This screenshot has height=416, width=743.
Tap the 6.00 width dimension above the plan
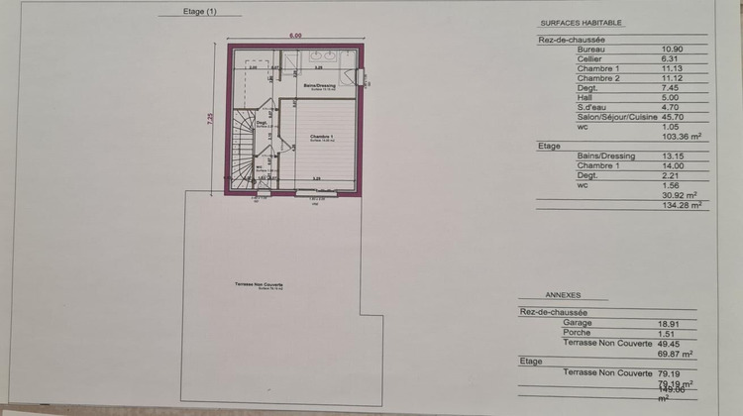pos(294,36)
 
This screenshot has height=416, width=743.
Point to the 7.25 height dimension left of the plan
pos(209,118)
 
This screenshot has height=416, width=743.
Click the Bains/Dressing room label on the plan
pos(319,86)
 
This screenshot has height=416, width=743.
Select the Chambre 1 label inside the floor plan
pos(319,136)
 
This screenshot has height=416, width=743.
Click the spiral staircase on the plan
pos(243,149)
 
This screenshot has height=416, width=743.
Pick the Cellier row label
pos(588,57)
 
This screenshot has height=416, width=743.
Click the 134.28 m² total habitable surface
pos(683,205)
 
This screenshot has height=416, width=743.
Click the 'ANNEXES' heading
pos(563,295)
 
